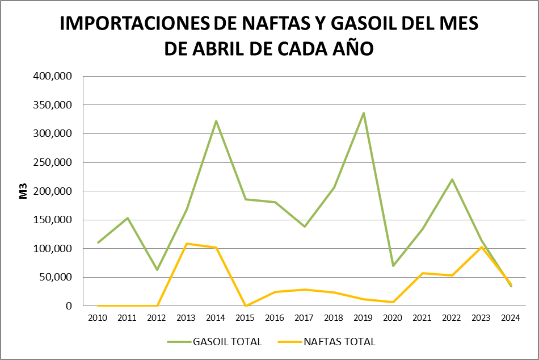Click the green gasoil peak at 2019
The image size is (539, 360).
(364, 113)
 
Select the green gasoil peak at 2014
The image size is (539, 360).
(216, 121)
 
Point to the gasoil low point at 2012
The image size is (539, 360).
(157, 270)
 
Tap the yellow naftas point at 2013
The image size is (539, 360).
(187, 244)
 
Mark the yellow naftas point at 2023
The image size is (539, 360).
(482, 247)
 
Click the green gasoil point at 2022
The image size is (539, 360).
(452, 179)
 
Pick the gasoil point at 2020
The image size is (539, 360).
(393, 266)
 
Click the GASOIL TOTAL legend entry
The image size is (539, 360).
(227, 342)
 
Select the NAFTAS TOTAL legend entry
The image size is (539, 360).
(339, 342)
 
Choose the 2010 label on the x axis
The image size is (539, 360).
(98, 317)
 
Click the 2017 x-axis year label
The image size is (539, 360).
(305, 317)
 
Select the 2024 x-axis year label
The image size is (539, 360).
(511, 317)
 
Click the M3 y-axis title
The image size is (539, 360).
(24, 191)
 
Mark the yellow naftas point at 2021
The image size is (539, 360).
(423, 273)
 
